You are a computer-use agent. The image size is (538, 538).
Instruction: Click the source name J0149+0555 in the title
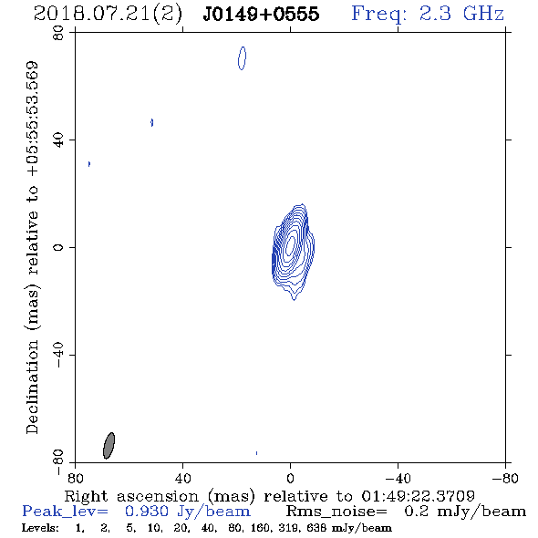261,14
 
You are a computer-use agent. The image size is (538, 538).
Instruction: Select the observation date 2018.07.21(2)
108,15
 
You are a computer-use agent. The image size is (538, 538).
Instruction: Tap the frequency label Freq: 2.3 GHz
428,14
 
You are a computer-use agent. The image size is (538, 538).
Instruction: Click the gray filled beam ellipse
109,445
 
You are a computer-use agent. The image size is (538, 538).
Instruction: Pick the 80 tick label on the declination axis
58,33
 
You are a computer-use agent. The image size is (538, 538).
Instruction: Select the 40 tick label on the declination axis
58,140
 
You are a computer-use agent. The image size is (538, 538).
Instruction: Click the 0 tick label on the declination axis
58,247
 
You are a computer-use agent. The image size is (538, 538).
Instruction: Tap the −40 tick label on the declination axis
58,355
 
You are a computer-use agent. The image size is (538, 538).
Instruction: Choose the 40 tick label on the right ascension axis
182,478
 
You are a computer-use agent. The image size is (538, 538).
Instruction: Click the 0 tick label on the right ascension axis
290,478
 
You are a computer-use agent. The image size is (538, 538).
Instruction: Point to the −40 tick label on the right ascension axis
398,478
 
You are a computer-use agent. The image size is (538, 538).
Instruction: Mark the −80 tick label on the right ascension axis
505,478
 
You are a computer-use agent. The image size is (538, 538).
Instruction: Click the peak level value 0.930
147,512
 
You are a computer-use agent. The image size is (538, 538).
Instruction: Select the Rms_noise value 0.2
416,512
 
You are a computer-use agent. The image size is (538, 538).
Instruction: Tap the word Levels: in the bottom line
40,528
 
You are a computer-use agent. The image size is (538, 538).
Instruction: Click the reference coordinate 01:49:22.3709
418,496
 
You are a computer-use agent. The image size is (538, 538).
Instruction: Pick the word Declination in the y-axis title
32,388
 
